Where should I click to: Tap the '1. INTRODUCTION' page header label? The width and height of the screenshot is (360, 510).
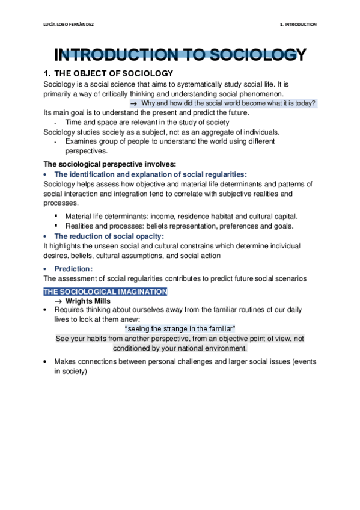click(x=298, y=25)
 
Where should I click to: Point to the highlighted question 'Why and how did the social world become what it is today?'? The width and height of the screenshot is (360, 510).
click(x=228, y=103)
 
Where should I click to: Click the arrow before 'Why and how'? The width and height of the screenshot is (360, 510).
click(x=135, y=103)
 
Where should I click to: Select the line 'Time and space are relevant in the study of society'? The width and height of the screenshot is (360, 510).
click(x=147, y=122)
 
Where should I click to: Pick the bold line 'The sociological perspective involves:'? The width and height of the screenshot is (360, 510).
click(x=109, y=164)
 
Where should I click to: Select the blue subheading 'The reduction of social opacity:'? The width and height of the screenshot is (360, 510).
click(x=109, y=236)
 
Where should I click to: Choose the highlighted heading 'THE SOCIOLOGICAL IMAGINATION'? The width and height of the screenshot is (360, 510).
click(x=105, y=292)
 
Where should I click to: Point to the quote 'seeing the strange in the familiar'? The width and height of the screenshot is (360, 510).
click(x=180, y=329)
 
